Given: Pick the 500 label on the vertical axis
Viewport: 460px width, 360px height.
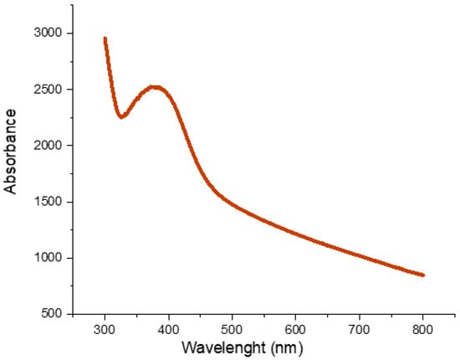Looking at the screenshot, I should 52,314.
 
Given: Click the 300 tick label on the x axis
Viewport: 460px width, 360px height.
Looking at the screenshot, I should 105,327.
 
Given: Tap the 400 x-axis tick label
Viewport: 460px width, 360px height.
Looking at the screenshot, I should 169,327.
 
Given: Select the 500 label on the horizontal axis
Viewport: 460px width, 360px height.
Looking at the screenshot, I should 233,327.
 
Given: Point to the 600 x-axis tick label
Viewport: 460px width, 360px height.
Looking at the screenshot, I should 296,327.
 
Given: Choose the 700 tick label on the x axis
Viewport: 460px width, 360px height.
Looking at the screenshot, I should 360,327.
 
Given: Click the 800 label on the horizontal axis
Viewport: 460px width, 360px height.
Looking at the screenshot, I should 423,327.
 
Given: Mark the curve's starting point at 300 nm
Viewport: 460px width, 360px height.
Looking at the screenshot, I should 105,39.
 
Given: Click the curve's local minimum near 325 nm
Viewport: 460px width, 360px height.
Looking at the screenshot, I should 121,116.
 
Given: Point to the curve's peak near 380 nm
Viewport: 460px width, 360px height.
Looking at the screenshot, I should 155,87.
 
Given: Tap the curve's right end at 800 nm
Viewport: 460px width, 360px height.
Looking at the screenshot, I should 423,275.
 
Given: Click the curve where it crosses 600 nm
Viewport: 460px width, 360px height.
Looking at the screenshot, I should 296,234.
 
